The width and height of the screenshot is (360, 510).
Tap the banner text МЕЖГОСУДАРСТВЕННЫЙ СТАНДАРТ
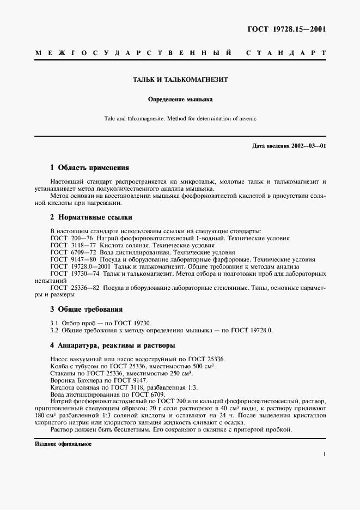coord(180,53)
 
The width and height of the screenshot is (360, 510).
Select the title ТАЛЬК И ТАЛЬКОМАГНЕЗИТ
coord(180,79)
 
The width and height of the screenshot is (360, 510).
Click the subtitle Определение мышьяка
coord(180,100)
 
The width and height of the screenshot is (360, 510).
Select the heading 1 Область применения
coord(89,168)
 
